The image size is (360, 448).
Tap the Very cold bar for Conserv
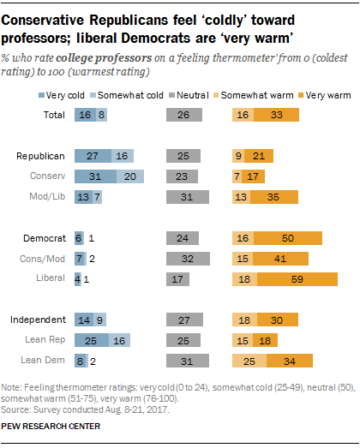94,176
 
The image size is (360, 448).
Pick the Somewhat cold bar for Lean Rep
118,340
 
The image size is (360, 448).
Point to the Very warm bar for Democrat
288,237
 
